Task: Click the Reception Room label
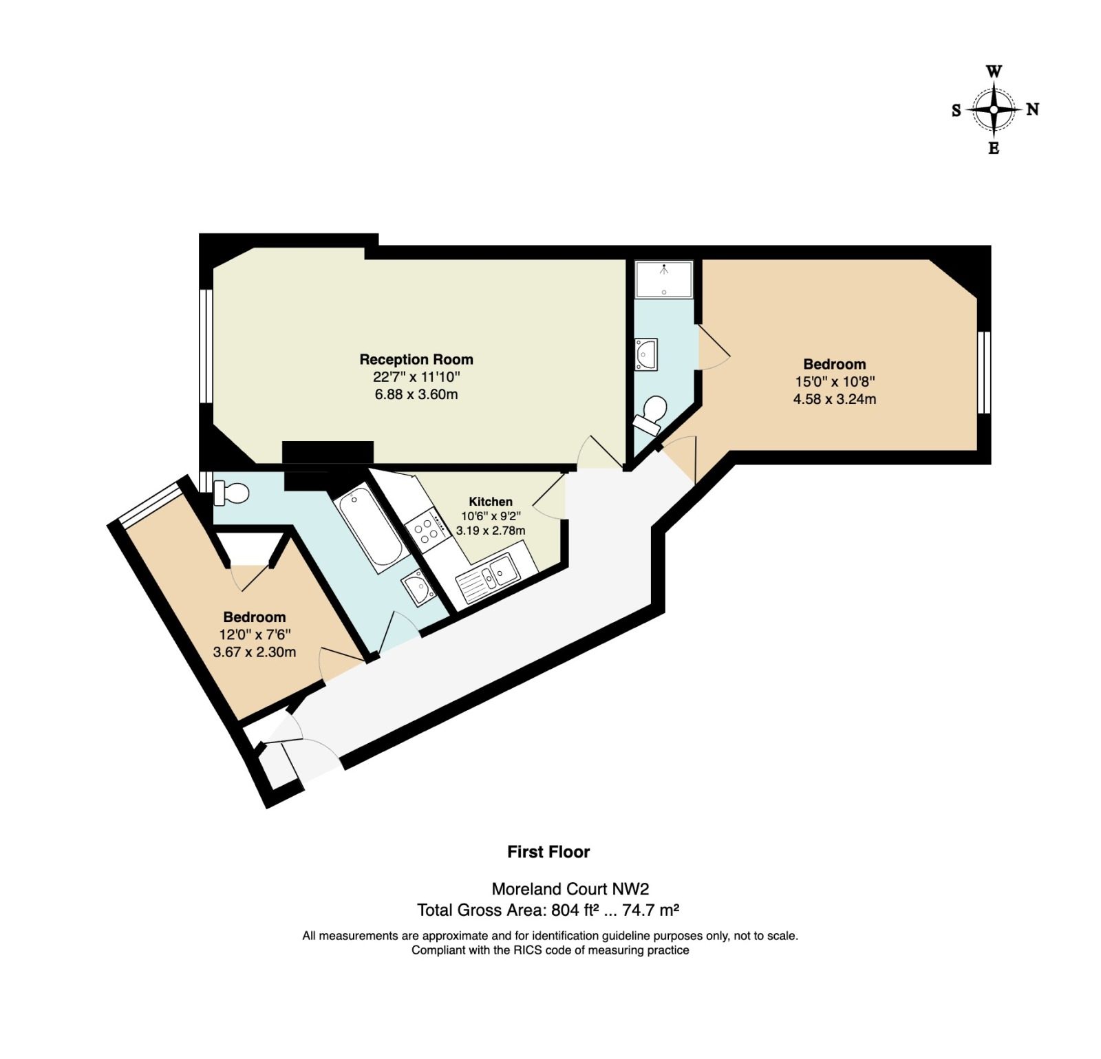416,359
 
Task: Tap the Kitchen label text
491,502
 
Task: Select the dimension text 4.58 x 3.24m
835,399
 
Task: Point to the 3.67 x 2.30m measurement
255,652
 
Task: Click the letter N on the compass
1032,109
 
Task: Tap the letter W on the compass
994,72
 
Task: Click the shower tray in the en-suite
663,279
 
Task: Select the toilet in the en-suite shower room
650,414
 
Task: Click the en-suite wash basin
646,354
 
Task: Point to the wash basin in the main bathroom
418,588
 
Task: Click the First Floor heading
548,852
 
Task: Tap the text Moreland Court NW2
570,889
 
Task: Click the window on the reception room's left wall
205,345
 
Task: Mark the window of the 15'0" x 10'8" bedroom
985,372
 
